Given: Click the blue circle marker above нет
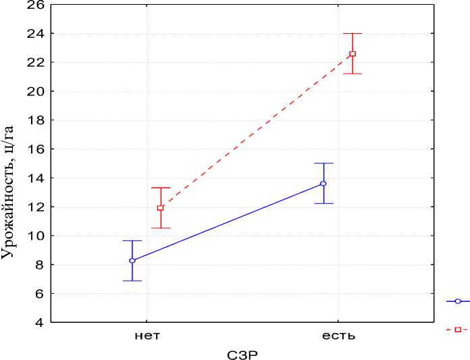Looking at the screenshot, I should (132, 260).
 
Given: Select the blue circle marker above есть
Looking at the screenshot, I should (323, 184).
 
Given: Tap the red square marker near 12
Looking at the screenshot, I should (160, 208).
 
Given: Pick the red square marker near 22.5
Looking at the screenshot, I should (352, 54).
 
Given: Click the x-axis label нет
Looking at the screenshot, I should (147, 336).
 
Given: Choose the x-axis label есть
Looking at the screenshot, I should (338, 336).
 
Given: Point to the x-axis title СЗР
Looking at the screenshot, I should (242, 353).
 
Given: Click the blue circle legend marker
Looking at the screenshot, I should (458, 301).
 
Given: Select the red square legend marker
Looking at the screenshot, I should (458, 330).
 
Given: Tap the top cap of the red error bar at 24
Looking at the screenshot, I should (352, 33).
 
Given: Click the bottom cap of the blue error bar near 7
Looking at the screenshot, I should (132, 280).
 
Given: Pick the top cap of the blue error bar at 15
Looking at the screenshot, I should (323, 163).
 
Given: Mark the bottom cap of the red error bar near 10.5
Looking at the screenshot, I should (160, 228).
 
